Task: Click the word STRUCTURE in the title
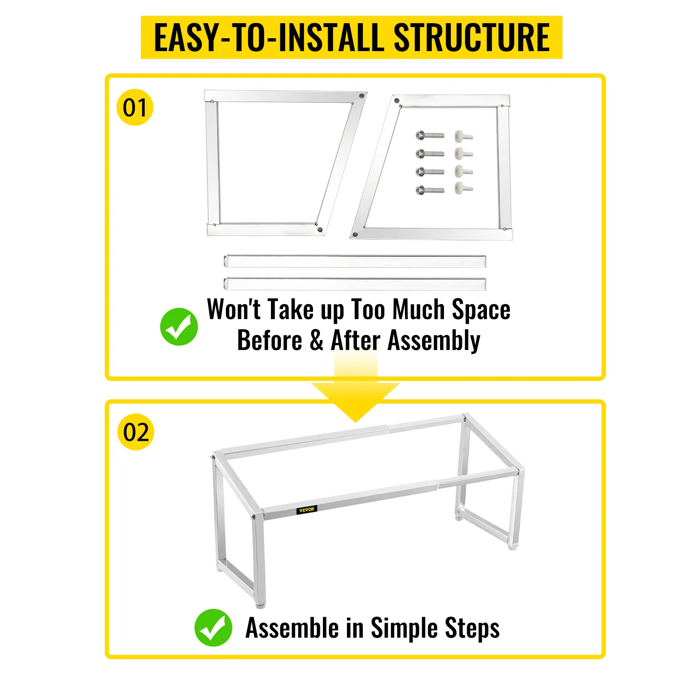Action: (471, 37)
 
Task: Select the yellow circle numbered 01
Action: (135, 107)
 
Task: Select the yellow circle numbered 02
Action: (136, 432)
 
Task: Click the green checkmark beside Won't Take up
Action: (179, 327)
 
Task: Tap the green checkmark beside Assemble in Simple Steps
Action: (213, 627)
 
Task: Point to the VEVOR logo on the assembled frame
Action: (307, 510)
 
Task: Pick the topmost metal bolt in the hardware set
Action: (430, 136)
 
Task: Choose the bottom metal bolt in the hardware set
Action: (430, 190)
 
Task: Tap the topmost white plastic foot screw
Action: (464, 136)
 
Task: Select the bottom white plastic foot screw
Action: (464, 188)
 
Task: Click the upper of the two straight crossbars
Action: (355, 261)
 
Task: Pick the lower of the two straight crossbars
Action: (355, 284)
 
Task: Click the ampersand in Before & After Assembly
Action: (316, 340)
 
